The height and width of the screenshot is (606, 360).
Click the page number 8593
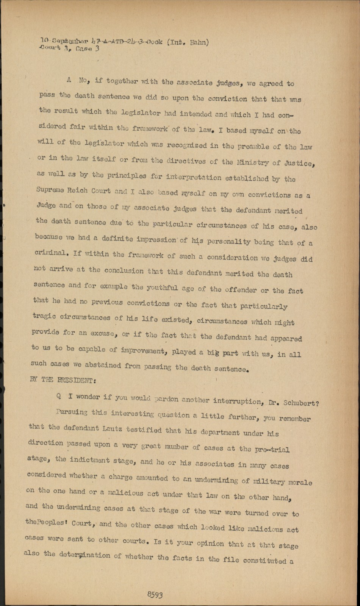[155, 595]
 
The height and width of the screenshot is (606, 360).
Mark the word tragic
[45, 317]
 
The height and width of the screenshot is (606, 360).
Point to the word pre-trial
[271, 450]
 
